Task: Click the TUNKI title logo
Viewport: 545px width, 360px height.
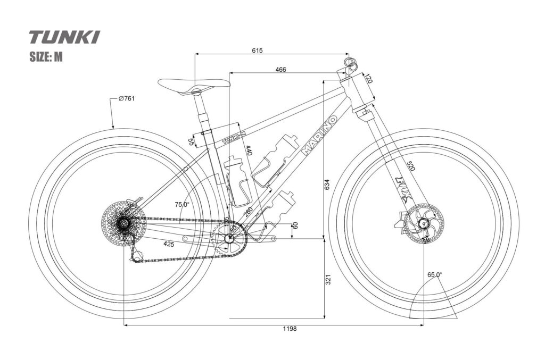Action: tap(64, 37)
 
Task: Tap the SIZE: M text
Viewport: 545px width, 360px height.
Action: tap(46, 57)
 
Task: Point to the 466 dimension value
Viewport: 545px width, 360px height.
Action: tap(281, 70)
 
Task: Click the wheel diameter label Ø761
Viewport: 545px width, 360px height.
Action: tap(126, 99)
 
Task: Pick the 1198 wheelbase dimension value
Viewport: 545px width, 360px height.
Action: tap(290, 329)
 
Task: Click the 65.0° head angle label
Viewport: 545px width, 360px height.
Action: tap(434, 275)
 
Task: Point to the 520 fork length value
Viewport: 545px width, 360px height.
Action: tap(410, 166)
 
